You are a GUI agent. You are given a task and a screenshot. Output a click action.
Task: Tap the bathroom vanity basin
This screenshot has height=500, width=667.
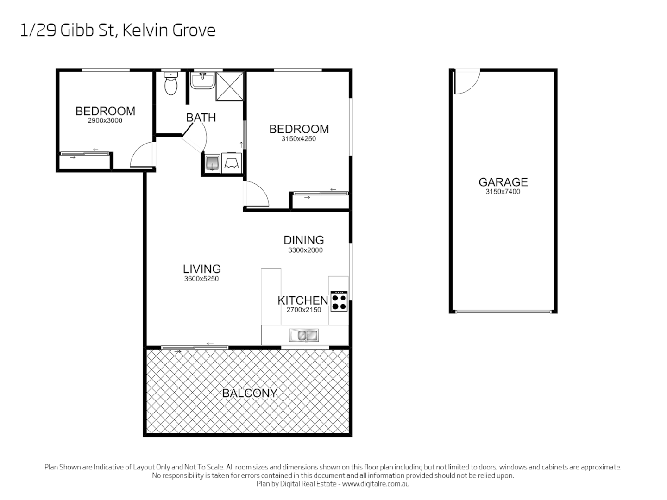pos(202,81)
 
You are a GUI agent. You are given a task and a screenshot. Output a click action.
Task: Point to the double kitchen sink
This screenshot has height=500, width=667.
pos(303,335)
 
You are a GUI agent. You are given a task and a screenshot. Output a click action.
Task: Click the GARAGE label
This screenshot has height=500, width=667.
pos(503,182)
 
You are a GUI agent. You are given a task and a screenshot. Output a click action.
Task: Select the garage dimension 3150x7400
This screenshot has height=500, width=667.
pos(503,192)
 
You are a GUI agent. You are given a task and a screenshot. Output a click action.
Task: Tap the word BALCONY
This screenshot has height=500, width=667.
pos(250,393)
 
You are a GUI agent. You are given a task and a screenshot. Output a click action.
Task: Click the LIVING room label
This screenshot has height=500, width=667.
pos(201,269)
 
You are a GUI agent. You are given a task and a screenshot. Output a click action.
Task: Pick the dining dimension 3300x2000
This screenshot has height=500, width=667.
pos(305,250)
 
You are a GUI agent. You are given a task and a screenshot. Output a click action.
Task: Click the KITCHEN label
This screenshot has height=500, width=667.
pos(302,300)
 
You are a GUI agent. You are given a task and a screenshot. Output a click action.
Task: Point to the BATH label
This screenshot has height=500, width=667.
pos(201,118)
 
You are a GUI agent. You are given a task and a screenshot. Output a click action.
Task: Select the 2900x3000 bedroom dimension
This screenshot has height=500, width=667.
pos(105,121)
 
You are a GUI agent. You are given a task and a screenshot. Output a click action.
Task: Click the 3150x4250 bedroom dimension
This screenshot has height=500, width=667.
pos(299,139)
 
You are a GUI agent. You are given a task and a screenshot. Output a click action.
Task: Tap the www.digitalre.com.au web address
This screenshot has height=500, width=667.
pos(376,484)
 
